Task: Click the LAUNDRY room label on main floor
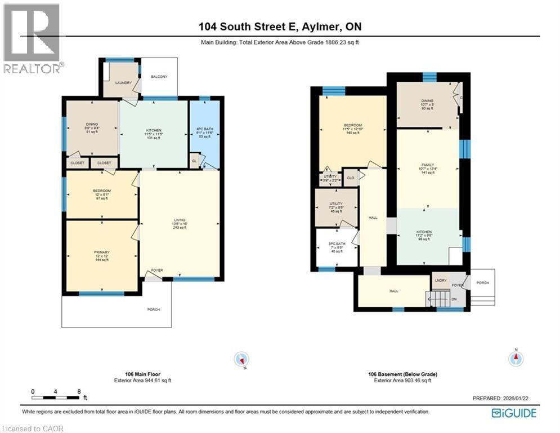123,83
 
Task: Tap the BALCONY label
159,77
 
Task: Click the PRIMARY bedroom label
102,252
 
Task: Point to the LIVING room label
179,220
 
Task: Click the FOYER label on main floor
157,270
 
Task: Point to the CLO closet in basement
351,178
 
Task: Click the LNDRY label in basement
440,280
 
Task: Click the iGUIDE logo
514,413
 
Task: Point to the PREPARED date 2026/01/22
500,398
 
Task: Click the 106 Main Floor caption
142,374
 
